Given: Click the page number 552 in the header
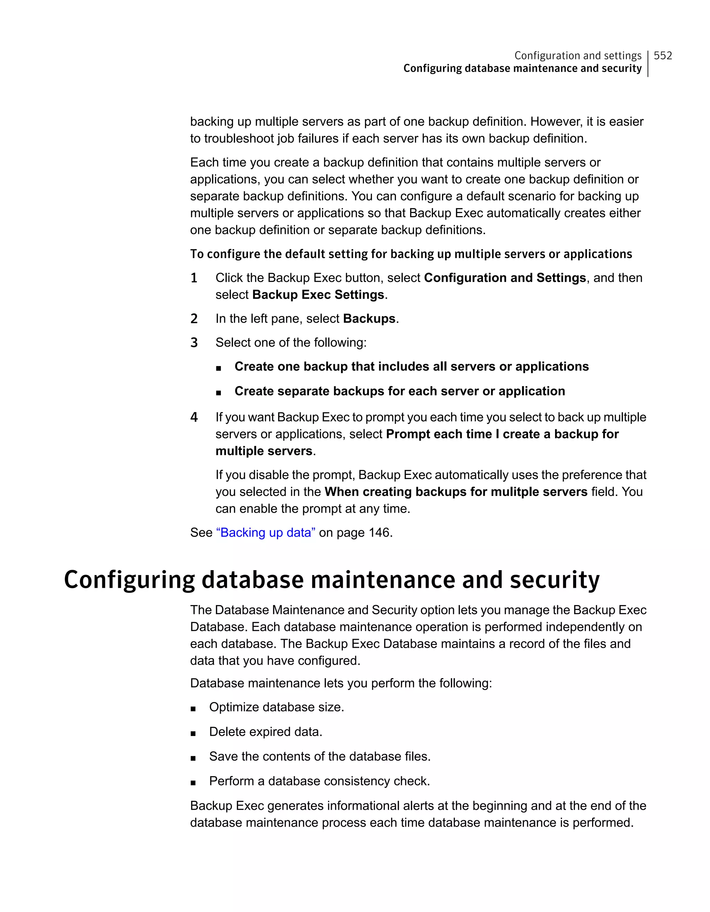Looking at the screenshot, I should tap(663, 55).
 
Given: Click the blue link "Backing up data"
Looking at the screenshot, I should tap(265, 532).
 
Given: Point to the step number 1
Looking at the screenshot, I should tap(194, 278).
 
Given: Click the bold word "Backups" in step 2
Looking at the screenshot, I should tap(369, 319).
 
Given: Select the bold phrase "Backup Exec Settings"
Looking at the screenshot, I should tap(318, 295).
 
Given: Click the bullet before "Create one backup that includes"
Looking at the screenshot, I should tap(218, 368).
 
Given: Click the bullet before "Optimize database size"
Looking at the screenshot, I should tap(193, 709).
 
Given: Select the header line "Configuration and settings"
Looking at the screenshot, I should tap(578, 55).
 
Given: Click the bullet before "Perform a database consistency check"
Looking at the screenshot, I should tap(193, 782).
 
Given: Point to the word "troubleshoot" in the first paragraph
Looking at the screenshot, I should tap(239, 138).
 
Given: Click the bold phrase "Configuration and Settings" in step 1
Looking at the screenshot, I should tap(505, 278).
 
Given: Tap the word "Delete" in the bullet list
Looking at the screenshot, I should tap(227, 732).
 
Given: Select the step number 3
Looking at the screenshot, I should tap(194, 343).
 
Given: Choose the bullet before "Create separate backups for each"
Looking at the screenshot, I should tap(218, 392).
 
